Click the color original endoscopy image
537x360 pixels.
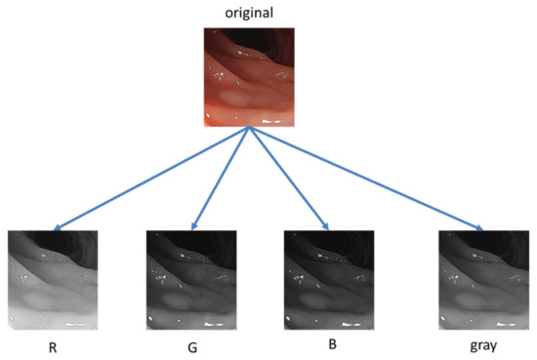248,77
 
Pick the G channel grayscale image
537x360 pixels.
189,279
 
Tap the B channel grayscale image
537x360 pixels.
325,279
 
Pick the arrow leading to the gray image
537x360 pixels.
366,180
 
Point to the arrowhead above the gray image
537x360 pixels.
479,229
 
